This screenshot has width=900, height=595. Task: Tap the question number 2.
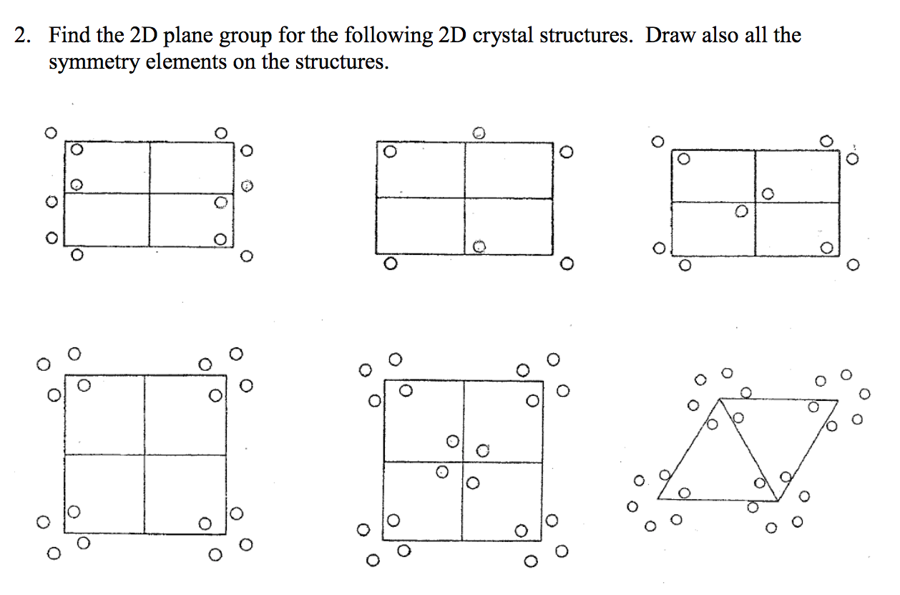click(x=21, y=37)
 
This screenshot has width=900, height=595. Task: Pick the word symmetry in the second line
click(x=94, y=62)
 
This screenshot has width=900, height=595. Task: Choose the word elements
click(x=185, y=62)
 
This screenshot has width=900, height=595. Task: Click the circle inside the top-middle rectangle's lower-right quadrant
click(x=479, y=246)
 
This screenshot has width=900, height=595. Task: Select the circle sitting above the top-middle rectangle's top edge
click(x=479, y=132)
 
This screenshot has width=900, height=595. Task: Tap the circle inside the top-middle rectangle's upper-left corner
click(x=389, y=153)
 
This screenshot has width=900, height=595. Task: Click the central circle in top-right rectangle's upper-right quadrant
click(x=768, y=193)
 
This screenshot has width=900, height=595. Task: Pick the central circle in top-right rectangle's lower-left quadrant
click(x=742, y=211)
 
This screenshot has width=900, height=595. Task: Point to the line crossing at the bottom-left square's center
click(x=144, y=455)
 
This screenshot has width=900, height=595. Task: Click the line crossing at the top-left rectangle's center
click(x=150, y=193)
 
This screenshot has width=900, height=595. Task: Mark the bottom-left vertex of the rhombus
click(x=657, y=498)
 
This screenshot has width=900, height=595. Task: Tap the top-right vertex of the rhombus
click(x=837, y=400)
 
